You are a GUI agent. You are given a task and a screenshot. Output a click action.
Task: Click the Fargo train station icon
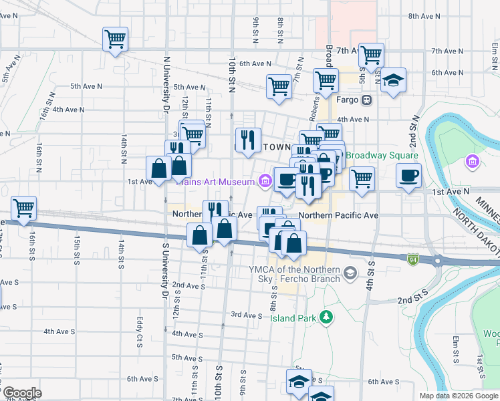coord(366,100)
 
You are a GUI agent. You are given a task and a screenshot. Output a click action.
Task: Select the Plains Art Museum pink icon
coord(265,180)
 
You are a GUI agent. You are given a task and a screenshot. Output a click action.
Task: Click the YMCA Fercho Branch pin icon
coord(349,273)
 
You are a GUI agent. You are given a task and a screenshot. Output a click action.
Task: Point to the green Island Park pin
coord(326,316)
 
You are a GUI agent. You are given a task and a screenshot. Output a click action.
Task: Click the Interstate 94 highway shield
coord(414,258)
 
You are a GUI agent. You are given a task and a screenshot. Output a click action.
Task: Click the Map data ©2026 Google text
coord(459,396)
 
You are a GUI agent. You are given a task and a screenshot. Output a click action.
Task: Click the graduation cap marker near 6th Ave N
coord(394,80)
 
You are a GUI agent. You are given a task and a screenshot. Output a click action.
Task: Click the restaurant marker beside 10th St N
coord(248,139)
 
